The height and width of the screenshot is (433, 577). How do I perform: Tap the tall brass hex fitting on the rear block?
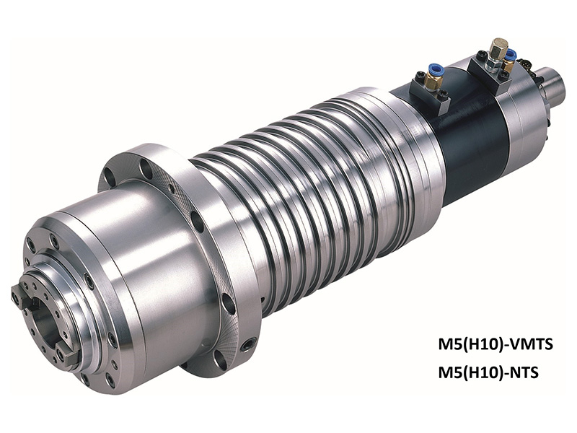(497, 50)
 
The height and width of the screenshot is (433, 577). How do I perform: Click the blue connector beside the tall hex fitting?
(511, 55)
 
